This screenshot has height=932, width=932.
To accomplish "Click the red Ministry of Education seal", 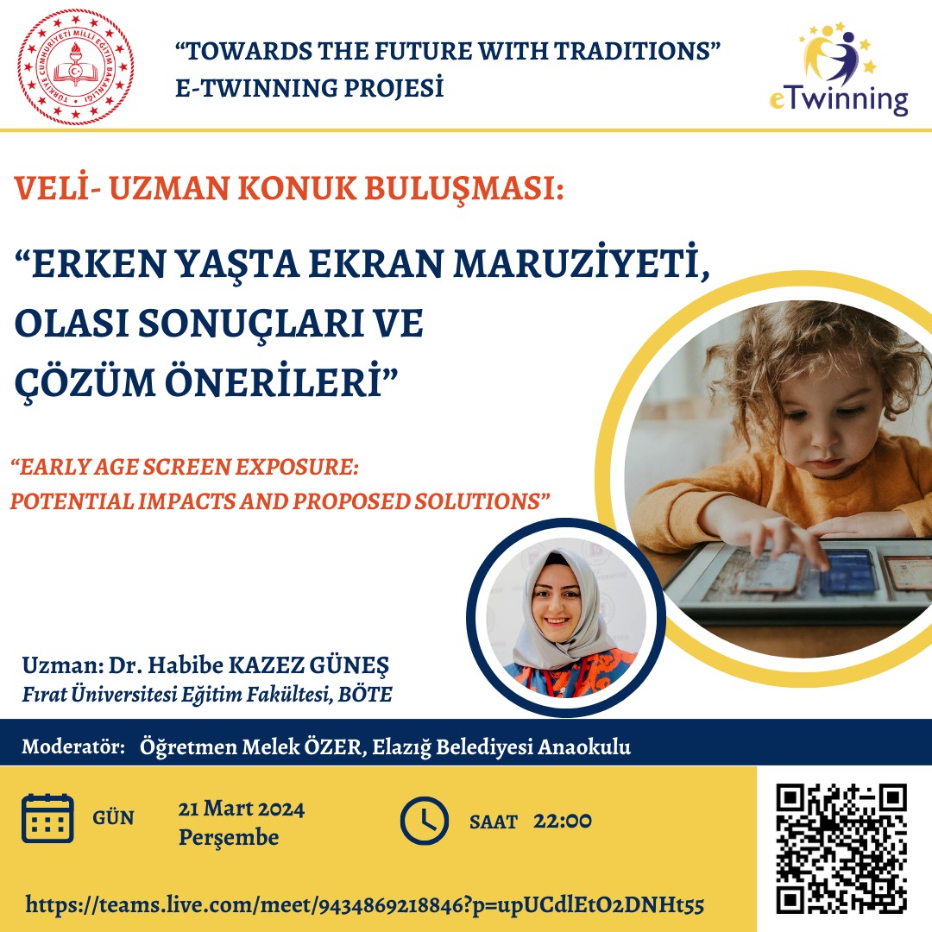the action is click(x=75, y=67).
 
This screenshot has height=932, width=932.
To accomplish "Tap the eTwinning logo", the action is click(x=839, y=69).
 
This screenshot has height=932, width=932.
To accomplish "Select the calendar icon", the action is click(x=47, y=818).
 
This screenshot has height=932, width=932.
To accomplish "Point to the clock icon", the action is click(x=424, y=821).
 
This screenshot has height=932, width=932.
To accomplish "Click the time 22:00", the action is click(x=563, y=821).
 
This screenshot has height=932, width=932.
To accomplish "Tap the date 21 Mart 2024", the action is click(x=242, y=809).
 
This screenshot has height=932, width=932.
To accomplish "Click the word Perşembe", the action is click(x=229, y=837).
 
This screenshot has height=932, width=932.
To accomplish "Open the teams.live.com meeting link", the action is click(x=365, y=904).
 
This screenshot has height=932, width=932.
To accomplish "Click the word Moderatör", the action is click(x=73, y=746).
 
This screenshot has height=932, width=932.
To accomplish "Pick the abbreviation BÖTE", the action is click(x=365, y=694).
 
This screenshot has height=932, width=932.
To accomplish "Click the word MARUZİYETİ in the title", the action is click(x=582, y=264).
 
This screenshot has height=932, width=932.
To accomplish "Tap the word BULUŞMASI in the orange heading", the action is click(x=463, y=188).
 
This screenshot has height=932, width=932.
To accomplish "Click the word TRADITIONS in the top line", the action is click(x=636, y=51).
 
